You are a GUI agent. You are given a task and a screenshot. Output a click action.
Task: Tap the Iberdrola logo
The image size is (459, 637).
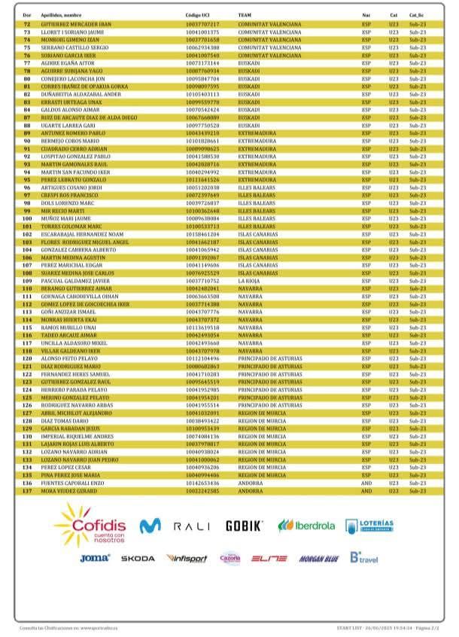click(x=306, y=525)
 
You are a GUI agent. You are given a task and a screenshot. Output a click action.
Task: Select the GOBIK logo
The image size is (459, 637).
click(x=244, y=525)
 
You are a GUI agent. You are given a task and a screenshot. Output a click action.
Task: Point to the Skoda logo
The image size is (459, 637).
click(x=138, y=558)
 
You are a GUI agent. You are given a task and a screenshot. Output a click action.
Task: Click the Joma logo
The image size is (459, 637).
click(x=95, y=558)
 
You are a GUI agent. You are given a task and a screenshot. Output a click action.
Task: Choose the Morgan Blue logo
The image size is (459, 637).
click(x=319, y=559)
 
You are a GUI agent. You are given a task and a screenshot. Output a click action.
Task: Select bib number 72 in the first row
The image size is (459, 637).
click(x=27, y=24)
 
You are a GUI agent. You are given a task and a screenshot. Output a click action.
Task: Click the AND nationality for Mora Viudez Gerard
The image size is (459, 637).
click(x=366, y=491)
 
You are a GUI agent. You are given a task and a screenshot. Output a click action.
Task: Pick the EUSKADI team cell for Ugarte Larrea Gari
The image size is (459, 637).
click(x=248, y=125)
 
